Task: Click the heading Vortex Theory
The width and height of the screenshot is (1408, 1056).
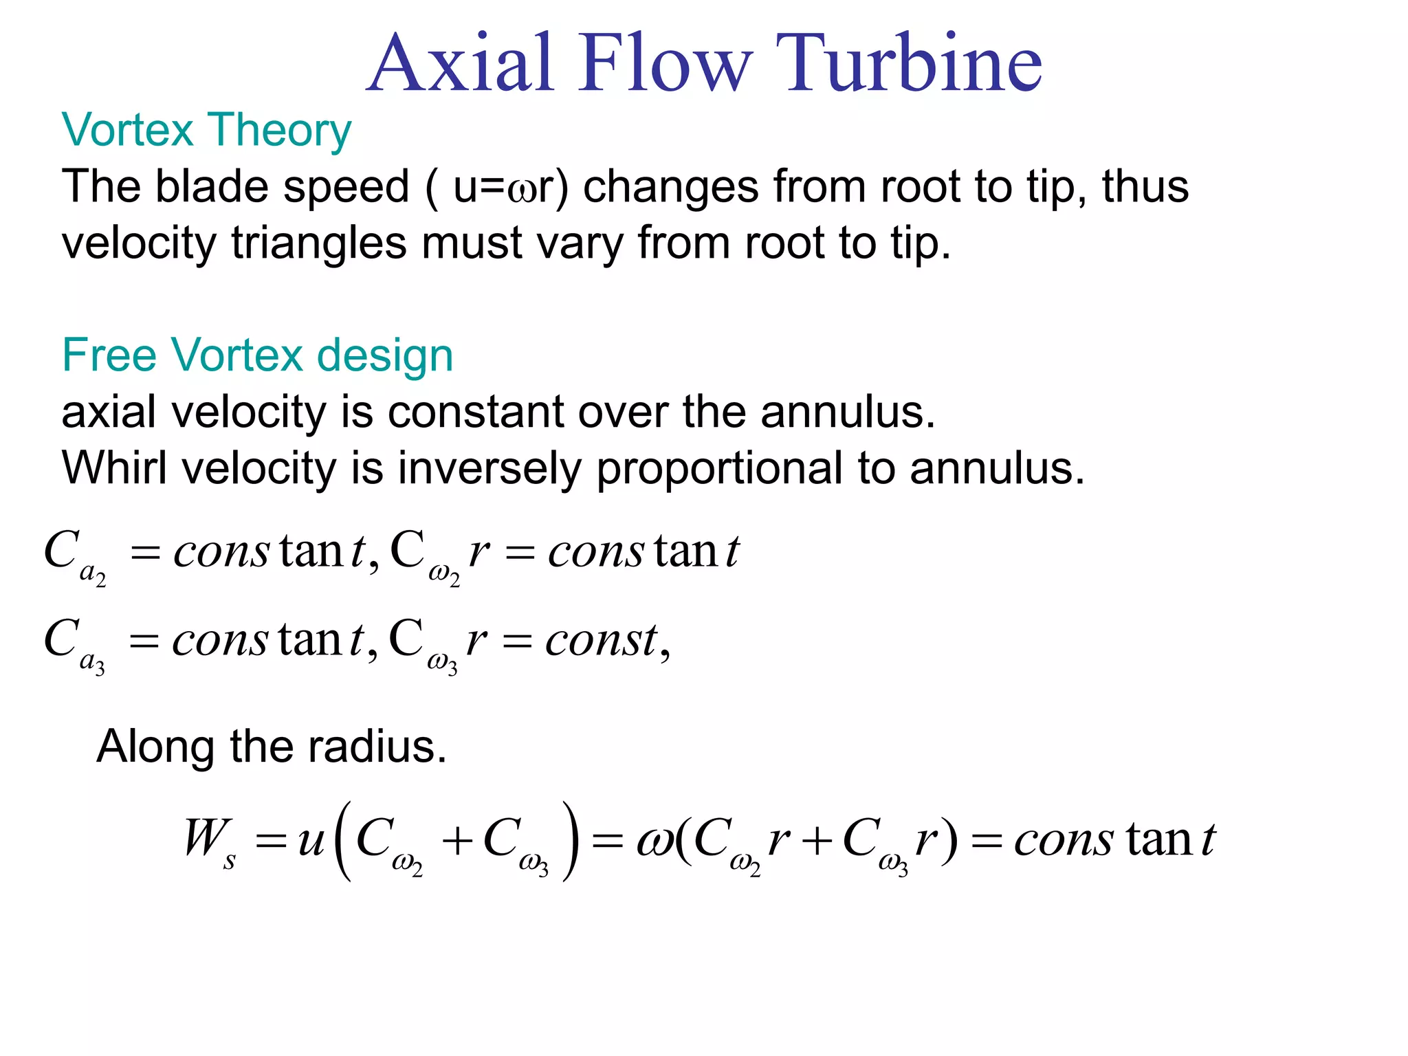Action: coord(206,131)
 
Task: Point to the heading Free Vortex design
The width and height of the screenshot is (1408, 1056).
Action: coord(257,355)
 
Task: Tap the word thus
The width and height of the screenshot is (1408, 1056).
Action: coord(1145,186)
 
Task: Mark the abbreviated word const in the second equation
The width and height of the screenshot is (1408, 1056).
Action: coord(601,641)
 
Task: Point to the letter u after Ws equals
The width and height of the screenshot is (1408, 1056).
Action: coord(311,840)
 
